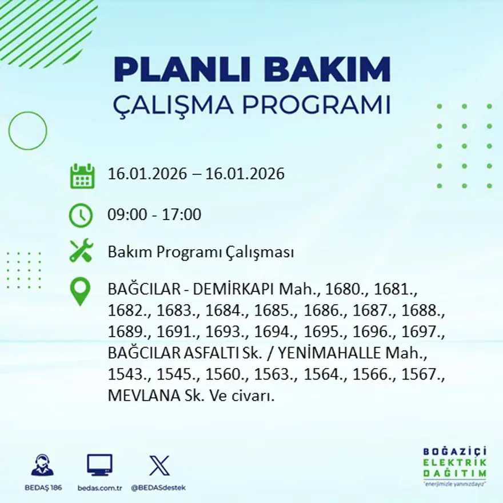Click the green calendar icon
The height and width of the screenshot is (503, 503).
82,176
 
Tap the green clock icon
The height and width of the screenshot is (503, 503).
81,215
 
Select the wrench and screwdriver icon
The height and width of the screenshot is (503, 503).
81,251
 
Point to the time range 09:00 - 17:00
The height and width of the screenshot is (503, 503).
154,215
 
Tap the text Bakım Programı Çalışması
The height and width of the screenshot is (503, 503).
201,252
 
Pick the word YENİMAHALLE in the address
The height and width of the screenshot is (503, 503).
332,354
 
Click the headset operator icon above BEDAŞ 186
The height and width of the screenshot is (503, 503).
42,465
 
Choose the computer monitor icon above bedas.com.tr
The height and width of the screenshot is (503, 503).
99,465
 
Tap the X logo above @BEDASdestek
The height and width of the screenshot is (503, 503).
159,465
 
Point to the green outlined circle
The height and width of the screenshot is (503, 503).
27,131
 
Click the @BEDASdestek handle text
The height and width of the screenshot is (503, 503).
158,488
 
